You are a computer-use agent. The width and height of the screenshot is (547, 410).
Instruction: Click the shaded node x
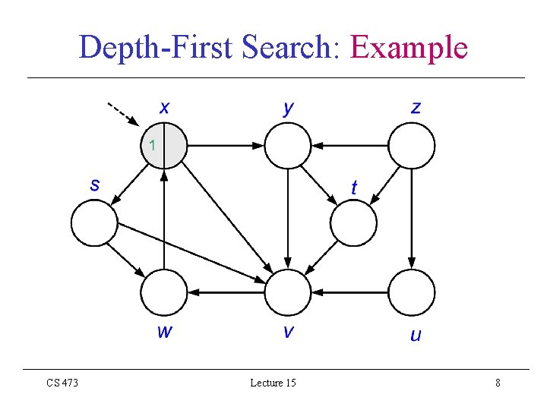(164, 145)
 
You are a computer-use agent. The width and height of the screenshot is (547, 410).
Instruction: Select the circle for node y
(288, 145)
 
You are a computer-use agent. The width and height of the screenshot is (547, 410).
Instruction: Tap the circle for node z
(412, 145)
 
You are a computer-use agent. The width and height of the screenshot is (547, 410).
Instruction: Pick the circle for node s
(94, 222)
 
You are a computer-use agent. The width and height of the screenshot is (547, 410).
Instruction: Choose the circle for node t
(354, 222)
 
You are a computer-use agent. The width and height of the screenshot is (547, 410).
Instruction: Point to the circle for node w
(164, 292)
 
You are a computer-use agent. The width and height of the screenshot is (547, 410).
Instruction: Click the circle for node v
(288, 292)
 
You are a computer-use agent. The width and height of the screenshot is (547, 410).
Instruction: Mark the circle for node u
(412, 292)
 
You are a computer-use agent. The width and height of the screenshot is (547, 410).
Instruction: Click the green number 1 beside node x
(152, 145)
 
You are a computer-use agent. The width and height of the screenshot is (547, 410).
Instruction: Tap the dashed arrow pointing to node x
(122, 113)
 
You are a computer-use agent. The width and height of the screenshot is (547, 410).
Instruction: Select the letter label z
(415, 107)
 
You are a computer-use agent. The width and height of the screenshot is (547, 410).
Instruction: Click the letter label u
(415, 334)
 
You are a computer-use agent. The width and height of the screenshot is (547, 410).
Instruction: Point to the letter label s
(95, 184)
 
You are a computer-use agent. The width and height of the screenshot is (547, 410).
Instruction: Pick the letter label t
(354, 187)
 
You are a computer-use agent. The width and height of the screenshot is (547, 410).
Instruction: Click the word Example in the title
(408, 48)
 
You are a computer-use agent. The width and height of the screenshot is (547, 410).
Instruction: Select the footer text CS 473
(62, 383)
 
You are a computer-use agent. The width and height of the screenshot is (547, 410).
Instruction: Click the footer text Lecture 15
(273, 383)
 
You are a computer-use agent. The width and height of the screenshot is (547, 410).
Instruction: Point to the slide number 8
(498, 383)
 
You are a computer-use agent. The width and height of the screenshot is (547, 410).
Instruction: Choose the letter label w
(164, 333)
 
